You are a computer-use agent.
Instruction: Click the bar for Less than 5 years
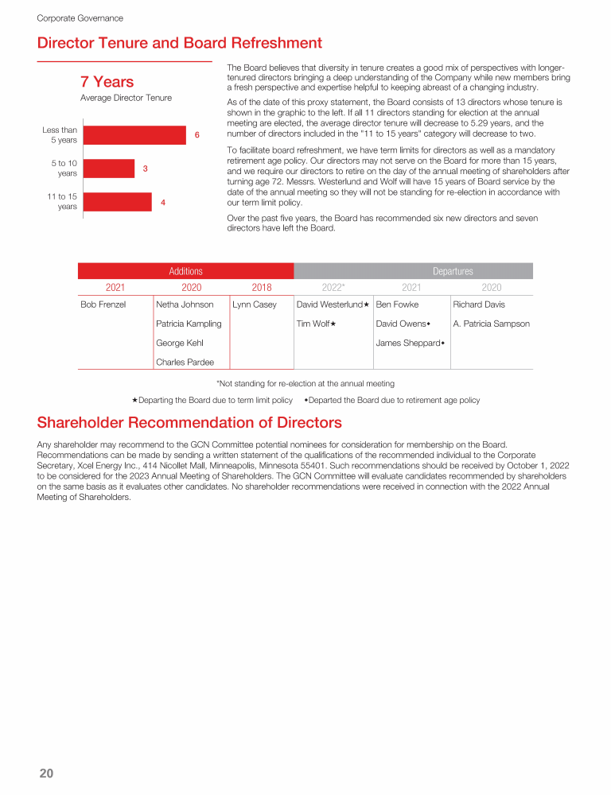(x=134, y=135)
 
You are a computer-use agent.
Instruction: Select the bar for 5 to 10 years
(x=108, y=169)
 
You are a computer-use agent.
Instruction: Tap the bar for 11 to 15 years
(x=117, y=202)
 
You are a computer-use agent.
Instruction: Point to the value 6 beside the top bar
(x=197, y=136)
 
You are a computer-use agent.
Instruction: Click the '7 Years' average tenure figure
(x=107, y=82)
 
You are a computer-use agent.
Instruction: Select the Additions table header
(x=185, y=271)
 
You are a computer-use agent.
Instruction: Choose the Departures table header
(x=453, y=271)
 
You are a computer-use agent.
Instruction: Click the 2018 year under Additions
(x=261, y=287)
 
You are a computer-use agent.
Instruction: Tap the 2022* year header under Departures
(x=333, y=287)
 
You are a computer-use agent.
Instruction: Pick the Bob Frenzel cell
(x=103, y=304)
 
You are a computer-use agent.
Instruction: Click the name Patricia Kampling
(x=189, y=324)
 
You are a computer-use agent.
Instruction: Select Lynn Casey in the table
(x=255, y=304)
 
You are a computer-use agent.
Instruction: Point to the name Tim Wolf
(x=313, y=324)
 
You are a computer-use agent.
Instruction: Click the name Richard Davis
(x=479, y=304)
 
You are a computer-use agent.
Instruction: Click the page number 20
(x=46, y=774)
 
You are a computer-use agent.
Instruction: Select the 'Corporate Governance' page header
(x=80, y=17)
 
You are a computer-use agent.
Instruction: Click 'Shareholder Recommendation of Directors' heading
(x=189, y=422)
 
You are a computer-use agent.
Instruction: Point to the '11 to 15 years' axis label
(x=61, y=201)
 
